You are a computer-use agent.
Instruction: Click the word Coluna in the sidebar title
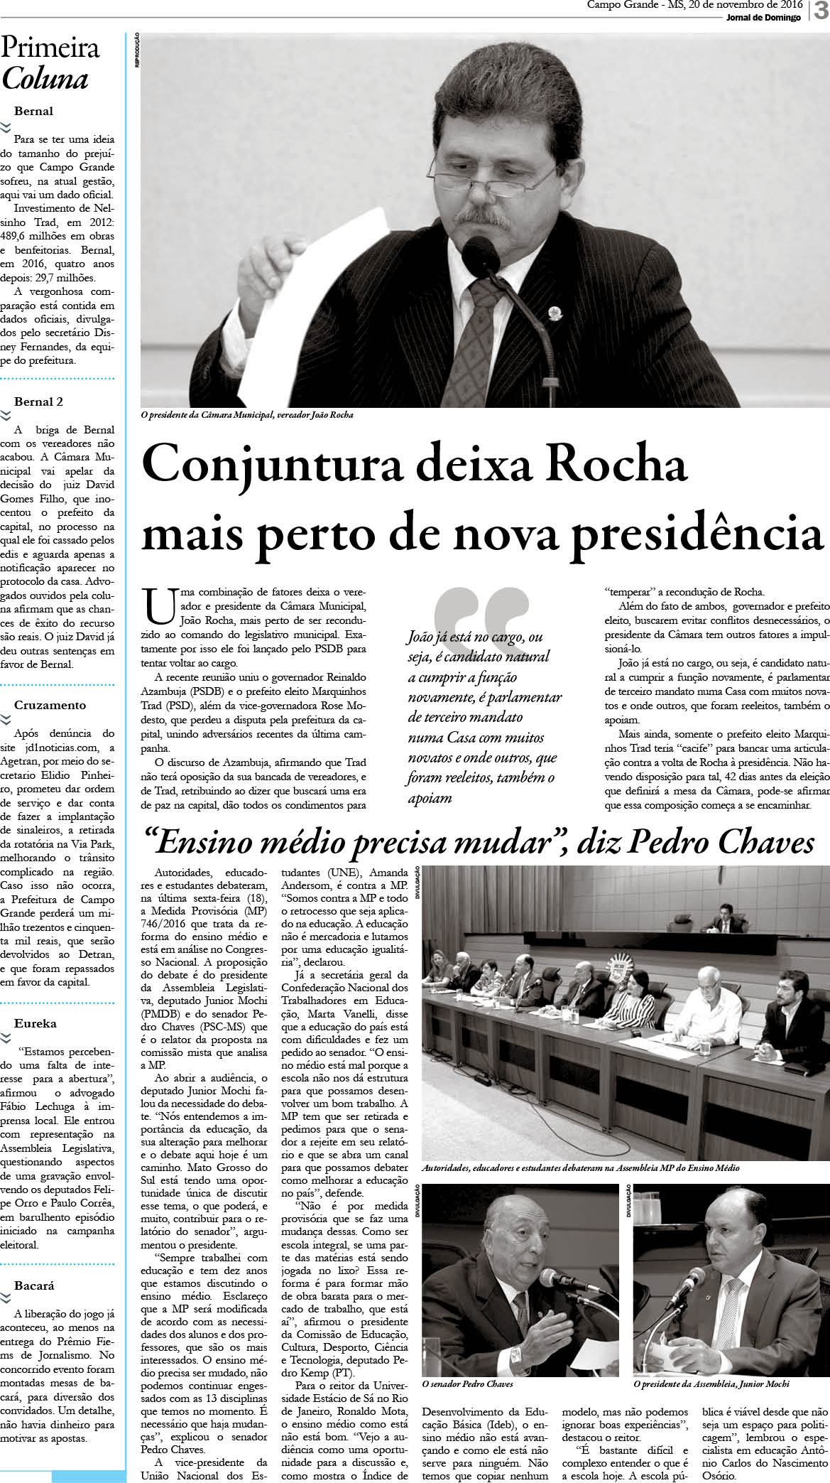pos(45,79)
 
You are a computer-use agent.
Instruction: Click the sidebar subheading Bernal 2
pos(38,401)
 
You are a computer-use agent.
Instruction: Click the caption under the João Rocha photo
pos(246,415)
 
